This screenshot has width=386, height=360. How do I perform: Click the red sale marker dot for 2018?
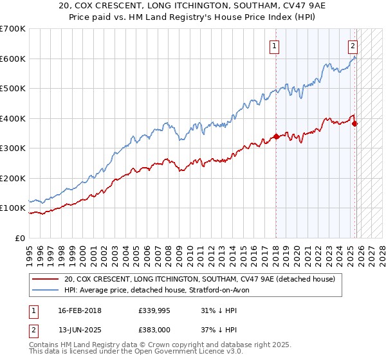(276, 136)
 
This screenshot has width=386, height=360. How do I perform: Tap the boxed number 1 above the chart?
(275, 46)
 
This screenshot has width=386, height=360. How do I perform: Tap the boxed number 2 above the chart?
(353, 46)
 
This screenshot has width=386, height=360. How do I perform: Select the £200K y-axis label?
(12, 178)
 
